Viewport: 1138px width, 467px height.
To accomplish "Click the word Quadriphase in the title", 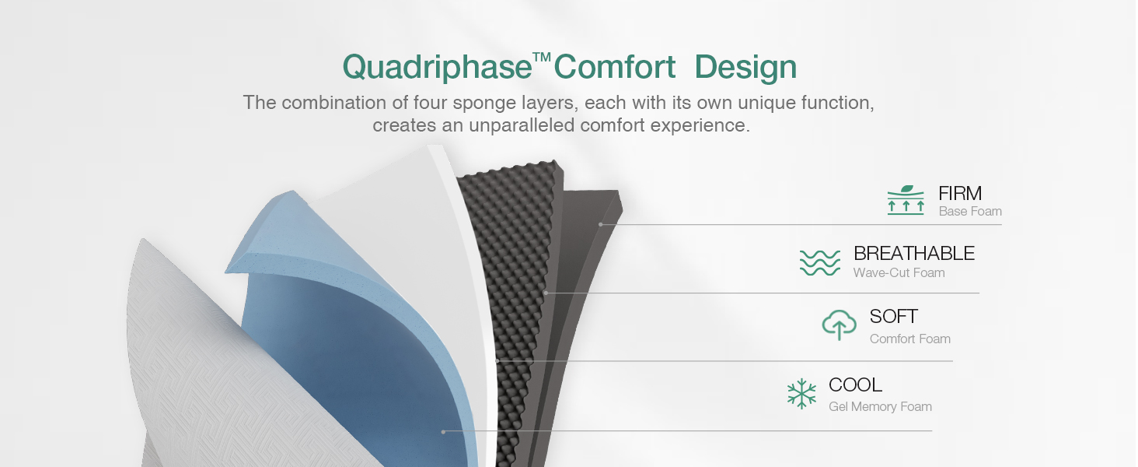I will point(436,68).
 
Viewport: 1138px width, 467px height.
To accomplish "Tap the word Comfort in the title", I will point(615,68).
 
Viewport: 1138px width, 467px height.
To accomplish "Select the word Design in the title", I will point(745,68).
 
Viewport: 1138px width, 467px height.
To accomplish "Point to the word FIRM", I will point(960,193).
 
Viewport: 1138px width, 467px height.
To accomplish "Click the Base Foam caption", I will point(970,212).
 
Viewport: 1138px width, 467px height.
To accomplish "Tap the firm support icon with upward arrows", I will point(906,200).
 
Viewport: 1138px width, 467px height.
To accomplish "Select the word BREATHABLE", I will point(913,253).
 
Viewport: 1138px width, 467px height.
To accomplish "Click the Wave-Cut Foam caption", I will point(899,273).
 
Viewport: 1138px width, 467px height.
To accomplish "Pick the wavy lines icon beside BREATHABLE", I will point(820,262).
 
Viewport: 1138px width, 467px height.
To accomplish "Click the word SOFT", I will point(894,317).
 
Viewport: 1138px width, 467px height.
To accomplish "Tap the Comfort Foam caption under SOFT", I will point(909,339).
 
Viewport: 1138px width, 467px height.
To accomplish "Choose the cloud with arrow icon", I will point(840,325).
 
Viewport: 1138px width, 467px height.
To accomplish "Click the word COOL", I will point(855,384).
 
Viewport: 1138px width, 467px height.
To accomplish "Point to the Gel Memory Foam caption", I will point(880,407).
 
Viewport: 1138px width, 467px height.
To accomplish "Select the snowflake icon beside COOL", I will point(801,394).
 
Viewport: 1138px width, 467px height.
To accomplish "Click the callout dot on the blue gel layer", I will point(443,431).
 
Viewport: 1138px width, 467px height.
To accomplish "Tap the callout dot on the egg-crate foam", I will point(546,293).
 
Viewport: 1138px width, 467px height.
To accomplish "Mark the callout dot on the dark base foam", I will point(601,224).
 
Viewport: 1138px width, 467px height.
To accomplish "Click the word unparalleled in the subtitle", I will point(522,125).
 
